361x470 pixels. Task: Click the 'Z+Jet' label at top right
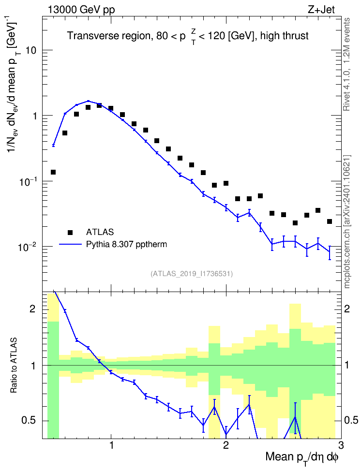pos(321,9)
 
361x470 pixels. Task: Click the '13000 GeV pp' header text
pos(81,10)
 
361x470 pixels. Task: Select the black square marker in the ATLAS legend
pos(70,232)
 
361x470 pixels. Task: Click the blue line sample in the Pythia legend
pos(71,244)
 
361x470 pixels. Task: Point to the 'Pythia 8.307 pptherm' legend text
pos(126,244)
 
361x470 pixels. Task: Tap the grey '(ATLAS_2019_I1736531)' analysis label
pos(192,273)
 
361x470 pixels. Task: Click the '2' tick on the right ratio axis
pos(347,308)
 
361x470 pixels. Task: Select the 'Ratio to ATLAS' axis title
pos(13,365)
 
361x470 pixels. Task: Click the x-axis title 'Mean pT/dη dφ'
pos(302,457)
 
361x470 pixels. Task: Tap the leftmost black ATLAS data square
pos(53,172)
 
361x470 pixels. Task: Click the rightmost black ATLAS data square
pos(330,221)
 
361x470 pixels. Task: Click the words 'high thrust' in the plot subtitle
pos(285,36)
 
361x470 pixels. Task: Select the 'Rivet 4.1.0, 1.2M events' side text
pos(346,64)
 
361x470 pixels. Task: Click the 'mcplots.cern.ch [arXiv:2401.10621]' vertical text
pos(347,221)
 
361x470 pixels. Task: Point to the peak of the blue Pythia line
pos(88,101)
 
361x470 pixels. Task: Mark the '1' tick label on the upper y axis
pos(34,116)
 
